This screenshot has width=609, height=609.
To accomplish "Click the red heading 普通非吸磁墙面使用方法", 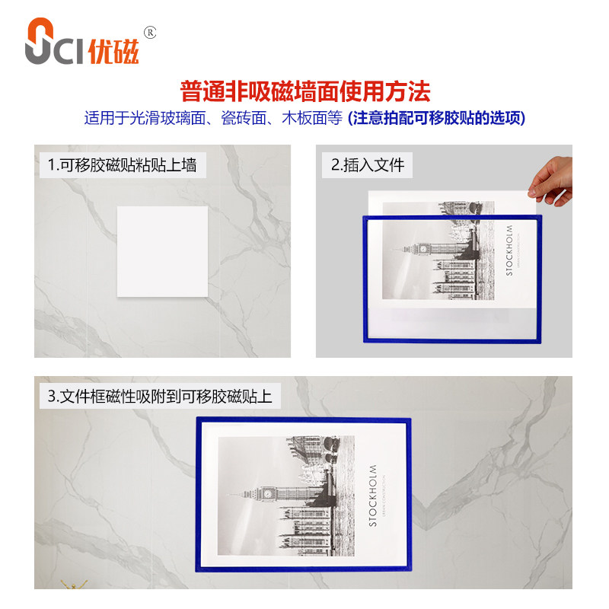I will pos(304,92).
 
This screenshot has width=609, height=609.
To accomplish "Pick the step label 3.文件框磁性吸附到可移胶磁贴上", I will pos(160,397).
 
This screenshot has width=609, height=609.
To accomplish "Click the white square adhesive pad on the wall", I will pos(162,252).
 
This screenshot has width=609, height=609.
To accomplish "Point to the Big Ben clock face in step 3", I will pos(268,493).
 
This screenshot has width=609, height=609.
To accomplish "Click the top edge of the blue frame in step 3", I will pos(304,419).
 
